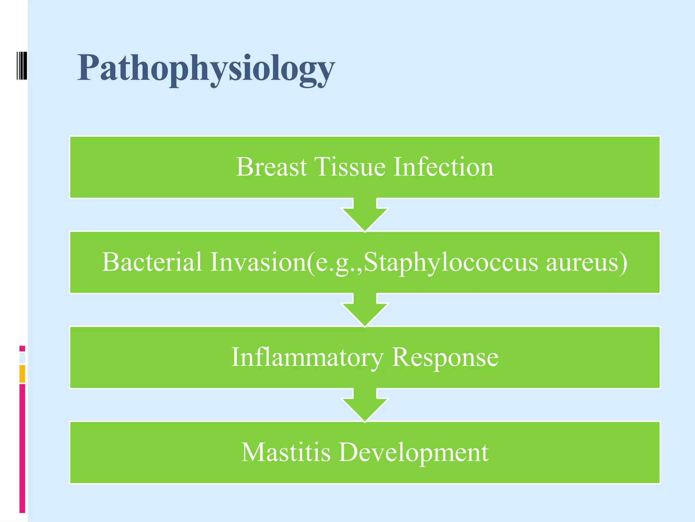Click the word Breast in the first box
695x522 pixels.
[271, 167]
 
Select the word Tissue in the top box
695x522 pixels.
[350, 167]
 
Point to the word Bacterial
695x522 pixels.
[152, 262]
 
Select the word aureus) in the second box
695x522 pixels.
[586, 262]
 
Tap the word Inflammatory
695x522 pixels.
[307, 358]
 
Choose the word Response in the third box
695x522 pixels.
[445, 358]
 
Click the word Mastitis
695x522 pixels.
[285, 452]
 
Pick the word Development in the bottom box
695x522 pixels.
[413, 453]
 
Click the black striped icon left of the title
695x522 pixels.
[22, 65]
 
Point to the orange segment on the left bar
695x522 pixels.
[22, 374]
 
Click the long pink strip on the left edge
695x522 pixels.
[22, 449]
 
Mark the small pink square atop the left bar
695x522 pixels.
[22, 348]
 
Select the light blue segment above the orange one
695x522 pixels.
[22, 358]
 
